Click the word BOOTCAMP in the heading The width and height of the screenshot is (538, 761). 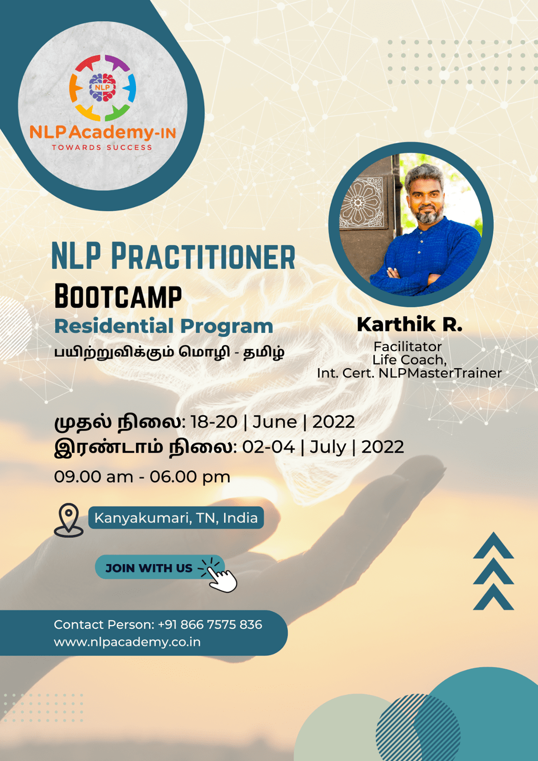pyautogui.click(x=118, y=296)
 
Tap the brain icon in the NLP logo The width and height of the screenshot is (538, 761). pyautogui.click(x=102, y=88)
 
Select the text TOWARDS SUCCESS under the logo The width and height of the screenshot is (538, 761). pyautogui.click(x=102, y=147)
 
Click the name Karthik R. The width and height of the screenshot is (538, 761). pyautogui.click(x=410, y=324)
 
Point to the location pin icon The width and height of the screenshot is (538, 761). pyautogui.click(x=68, y=520)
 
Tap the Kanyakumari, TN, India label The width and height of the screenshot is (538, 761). pyautogui.click(x=176, y=518)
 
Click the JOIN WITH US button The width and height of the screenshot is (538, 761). pyautogui.click(x=160, y=568)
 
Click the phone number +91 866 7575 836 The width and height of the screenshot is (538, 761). pyautogui.click(x=210, y=624)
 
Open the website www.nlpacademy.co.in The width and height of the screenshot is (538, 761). pyautogui.click(x=127, y=642)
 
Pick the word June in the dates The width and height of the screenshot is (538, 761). pyautogui.click(x=274, y=422)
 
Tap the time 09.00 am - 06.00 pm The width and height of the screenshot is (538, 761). pyautogui.click(x=142, y=477)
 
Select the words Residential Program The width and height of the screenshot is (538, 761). pyautogui.click(x=164, y=326)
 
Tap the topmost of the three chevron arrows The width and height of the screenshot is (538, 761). pyautogui.click(x=493, y=546)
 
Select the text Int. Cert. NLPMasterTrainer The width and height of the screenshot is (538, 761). pyautogui.click(x=410, y=373)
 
